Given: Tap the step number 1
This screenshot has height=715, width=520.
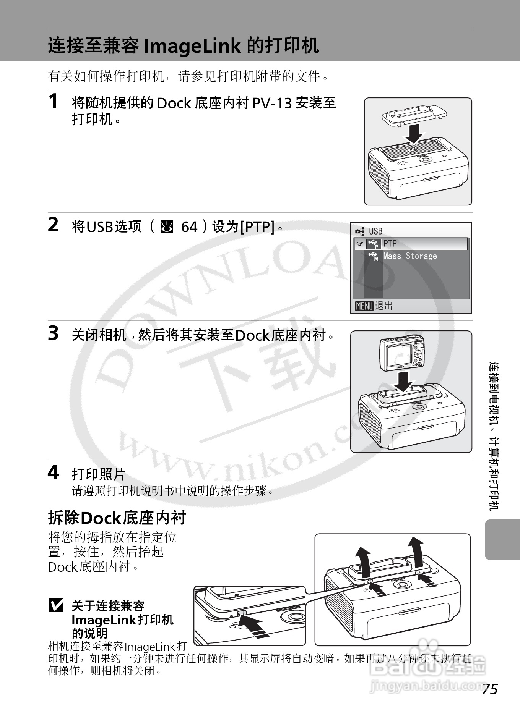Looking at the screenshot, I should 53,101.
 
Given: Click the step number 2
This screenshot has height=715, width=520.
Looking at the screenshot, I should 53,225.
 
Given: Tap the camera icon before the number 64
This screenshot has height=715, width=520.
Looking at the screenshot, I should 167,227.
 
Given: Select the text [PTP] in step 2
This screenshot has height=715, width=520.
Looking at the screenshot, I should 257,227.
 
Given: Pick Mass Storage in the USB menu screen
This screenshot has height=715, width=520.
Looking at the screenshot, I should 409,256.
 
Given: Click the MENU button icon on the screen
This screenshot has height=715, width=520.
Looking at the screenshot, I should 364,306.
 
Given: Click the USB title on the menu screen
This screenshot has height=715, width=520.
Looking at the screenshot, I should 375,231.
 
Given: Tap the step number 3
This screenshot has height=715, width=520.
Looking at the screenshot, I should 53,333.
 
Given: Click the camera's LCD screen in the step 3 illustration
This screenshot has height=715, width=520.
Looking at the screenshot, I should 399,355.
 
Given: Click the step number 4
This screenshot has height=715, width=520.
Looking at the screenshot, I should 53,473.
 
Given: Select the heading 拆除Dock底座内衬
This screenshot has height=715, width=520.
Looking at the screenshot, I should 117,518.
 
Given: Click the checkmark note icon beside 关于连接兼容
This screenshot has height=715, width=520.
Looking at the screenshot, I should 56,606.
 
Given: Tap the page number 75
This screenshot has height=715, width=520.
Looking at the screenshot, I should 489,689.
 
